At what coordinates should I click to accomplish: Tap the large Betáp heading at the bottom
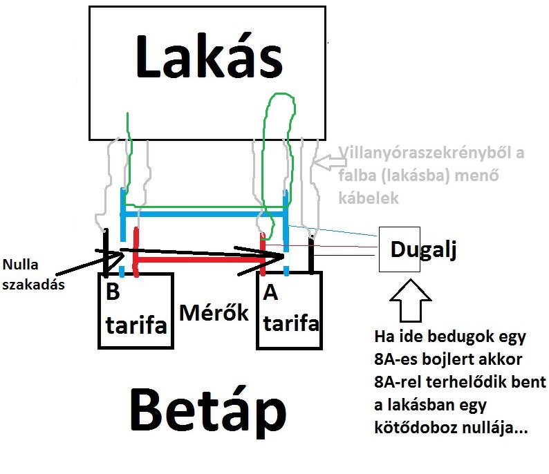point(207,413)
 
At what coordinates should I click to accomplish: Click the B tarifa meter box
point(134,311)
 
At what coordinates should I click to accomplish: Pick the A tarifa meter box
point(289,311)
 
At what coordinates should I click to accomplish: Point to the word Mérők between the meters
point(214,312)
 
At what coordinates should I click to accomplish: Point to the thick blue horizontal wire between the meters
point(204,215)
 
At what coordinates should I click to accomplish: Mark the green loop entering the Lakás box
point(279,138)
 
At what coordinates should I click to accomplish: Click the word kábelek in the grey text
point(369,198)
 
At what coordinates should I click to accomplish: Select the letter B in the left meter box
point(113,292)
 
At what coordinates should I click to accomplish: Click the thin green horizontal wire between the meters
point(207,205)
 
